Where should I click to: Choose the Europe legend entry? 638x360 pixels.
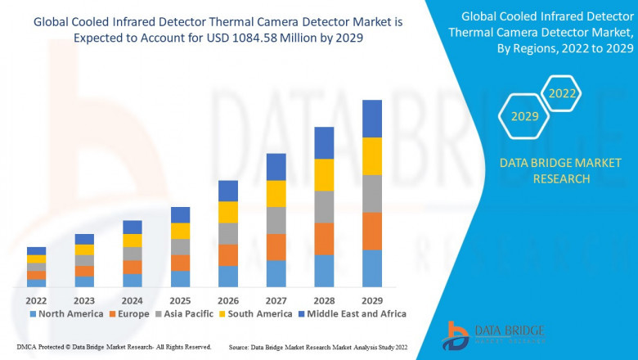coord(129,313)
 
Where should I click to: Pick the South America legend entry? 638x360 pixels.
coord(255,313)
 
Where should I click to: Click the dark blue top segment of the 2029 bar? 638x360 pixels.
coord(372,119)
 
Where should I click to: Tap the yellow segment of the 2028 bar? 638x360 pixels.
coord(324,174)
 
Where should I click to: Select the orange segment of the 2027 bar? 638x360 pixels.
coord(276,247)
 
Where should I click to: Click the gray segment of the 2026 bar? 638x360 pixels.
coord(228,233)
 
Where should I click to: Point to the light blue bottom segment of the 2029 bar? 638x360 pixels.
coord(372,268)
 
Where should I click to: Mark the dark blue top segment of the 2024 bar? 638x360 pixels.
coord(133,227)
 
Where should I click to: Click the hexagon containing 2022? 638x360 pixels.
coord(562,93)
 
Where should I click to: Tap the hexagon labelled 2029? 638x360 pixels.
coord(524,117)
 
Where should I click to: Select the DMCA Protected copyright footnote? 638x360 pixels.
coord(114,347)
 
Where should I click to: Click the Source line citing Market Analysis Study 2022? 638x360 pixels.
coord(318,347)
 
